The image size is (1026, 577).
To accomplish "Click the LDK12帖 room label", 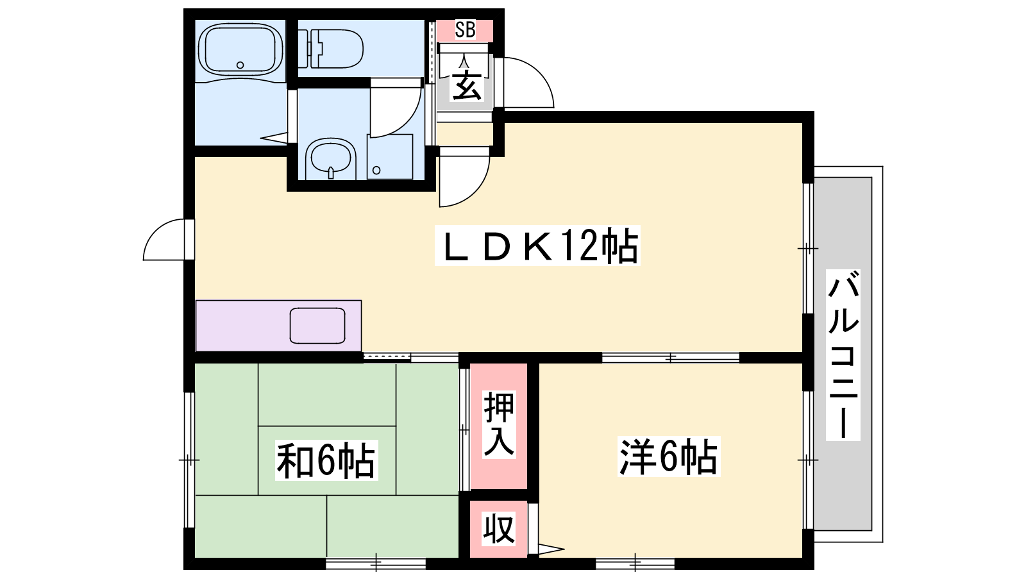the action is pyautogui.click(x=537, y=246).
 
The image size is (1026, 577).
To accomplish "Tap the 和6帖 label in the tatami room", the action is pyautogui.click(x=326, y=460).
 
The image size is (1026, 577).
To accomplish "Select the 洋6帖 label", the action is pyautogui.click(x=668, y=456).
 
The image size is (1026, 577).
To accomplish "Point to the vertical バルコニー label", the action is pyautogui.click(x=843, y=355).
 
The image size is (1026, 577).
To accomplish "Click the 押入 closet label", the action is pyautogui.click(x=499, y=424).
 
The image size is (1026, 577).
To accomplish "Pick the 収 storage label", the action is pyautogui.click(x=499, y=529).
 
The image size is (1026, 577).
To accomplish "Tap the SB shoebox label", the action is pyautogui.click(x=465, y=30).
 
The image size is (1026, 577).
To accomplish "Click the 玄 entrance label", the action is pyautogui.click(x=466, y=85).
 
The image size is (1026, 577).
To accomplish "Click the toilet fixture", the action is pyautogui.click(x=331, y=49).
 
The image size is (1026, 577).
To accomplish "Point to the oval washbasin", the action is pyautogui.click(x=331, y=158).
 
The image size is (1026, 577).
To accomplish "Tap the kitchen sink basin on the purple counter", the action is pyautogui.click(x=317, y=326).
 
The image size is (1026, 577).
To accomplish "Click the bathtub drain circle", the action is pyautogui.click(x=240, y=65).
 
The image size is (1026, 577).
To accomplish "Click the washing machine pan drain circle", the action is pyautogui.click(x=376, y=171).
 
